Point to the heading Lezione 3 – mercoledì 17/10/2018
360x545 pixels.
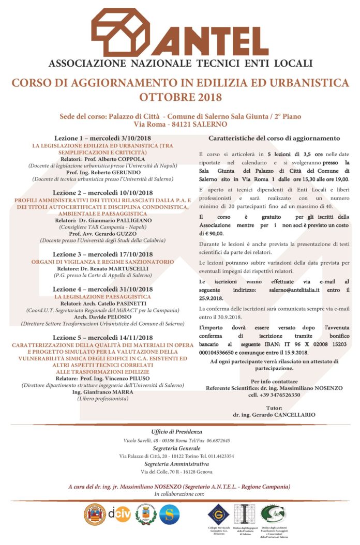pos(102,254)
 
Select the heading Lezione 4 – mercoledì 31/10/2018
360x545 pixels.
pos(102,289)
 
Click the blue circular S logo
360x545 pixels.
pos(169,513)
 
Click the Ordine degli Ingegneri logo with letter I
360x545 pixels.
pos(242,513)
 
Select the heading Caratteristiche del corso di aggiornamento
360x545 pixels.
pos(274,139)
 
